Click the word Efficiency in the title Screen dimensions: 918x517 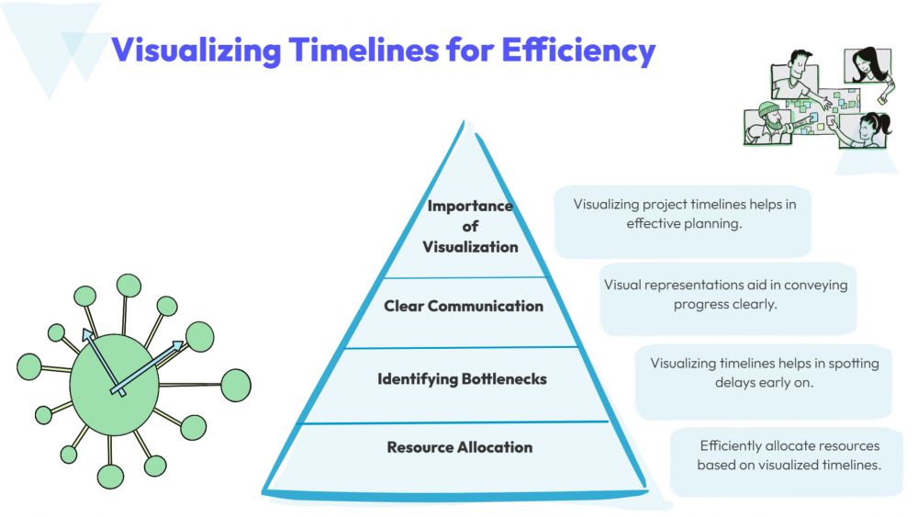tap(577, 50)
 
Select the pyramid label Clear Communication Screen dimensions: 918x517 tap(463, 306)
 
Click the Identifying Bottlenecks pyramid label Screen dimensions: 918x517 tap(462, 379)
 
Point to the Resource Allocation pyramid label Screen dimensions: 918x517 tap(460, 447)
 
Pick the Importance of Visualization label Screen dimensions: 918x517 tap(470, 226)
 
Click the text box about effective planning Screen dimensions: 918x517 tap(683, 221)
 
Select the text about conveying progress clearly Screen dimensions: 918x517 tap(726, 295)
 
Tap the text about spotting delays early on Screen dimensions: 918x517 tap(764, 373)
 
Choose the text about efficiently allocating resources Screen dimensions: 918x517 tap(789, 455)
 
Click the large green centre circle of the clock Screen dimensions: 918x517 tap(114, 385)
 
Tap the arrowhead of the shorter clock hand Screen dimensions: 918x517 tap(88, 334)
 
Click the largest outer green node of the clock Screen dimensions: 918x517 tap(236, 385)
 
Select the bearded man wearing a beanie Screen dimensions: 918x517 tap(769, 124)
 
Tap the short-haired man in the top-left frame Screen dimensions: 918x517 tap(795, 75)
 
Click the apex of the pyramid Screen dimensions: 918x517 tap(464, 121)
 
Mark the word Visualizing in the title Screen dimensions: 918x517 tap(196, 50)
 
